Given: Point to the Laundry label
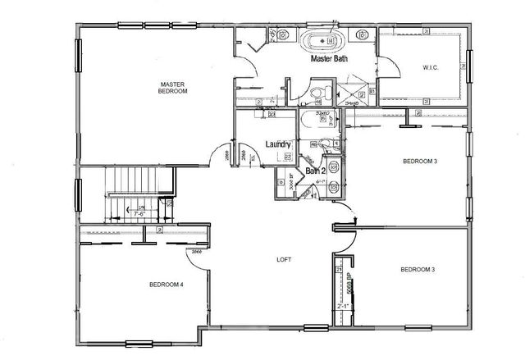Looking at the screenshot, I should pos(279,145).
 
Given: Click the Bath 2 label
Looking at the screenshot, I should pos(317,171).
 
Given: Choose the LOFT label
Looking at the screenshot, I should pos(284,259).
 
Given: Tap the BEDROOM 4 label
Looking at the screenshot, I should pos(166,285).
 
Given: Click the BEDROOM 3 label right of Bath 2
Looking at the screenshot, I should pos(418,162).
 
